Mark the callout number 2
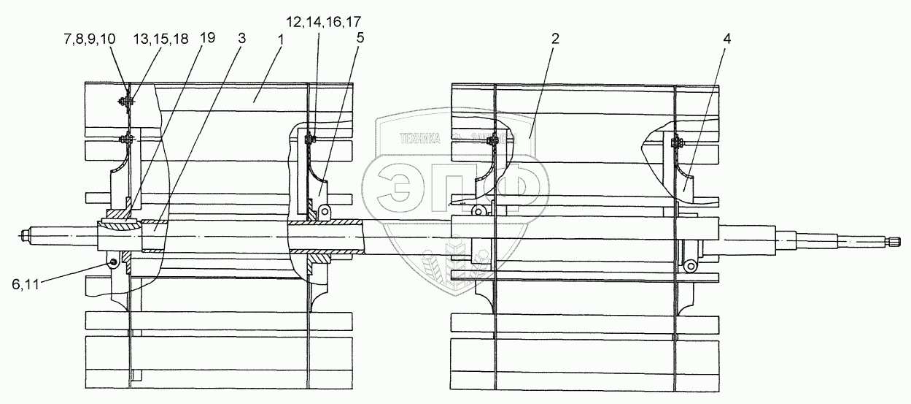[555, 39]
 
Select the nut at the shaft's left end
[26, 237]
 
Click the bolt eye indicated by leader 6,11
[112, 262]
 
